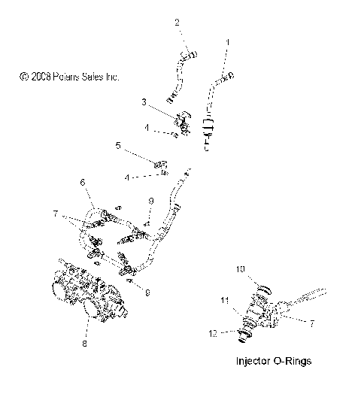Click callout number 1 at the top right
tap(229, 42)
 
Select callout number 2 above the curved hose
tap(177, 23)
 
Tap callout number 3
tap(144, 101)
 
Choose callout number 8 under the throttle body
tap(84, 344)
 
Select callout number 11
tap(223, 300)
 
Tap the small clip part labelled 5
tap(160, 162)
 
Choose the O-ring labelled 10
tap(262, 288)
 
